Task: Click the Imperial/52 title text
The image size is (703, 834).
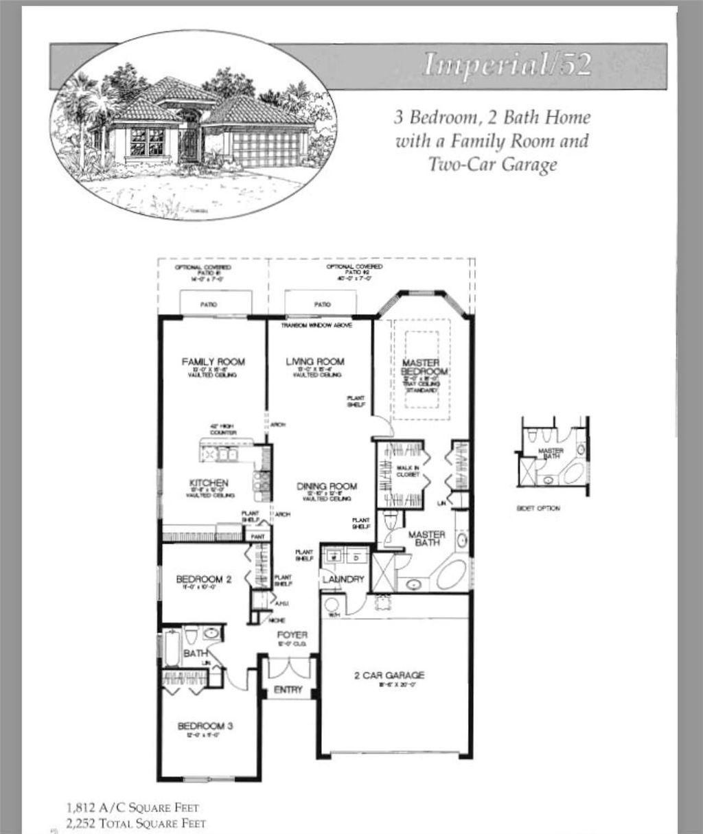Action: point(507,64)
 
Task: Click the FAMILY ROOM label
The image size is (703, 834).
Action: point(213,362)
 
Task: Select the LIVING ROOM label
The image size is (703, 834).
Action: point(315,362)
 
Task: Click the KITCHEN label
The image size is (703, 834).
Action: point(208,483)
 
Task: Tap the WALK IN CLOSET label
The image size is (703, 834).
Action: point(403,471)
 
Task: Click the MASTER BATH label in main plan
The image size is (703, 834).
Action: point(426,539)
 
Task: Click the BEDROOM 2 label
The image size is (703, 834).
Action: point(204,579)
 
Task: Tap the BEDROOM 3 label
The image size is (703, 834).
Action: point(205,726)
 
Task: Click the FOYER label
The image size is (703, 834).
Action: point(292,635)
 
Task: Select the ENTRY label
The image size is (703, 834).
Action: point(288,690)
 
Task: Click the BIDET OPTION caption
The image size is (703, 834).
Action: point(538,509)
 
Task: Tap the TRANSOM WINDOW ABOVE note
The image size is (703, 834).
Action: point(316,325)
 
